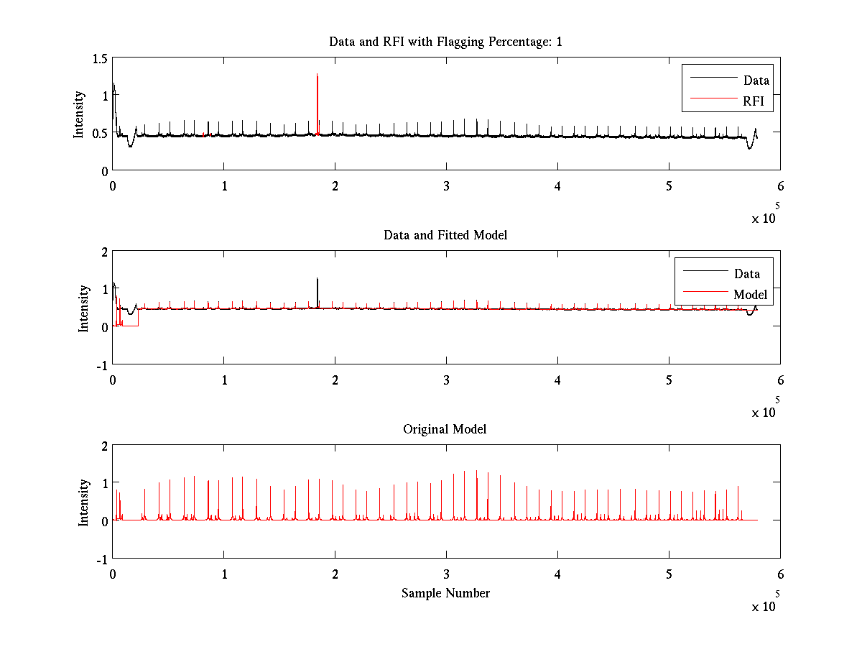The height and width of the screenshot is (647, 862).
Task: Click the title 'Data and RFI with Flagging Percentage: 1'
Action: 445,42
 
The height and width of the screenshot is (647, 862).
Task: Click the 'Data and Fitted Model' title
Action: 445,235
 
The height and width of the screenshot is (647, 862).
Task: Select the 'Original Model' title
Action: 445,429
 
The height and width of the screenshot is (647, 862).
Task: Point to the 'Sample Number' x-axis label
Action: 445,593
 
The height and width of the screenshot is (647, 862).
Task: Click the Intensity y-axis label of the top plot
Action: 79,114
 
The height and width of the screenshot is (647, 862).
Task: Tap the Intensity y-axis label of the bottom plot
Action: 84,502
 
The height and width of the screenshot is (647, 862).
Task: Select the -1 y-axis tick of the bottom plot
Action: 101,559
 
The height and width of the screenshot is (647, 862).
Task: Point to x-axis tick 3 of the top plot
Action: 447,185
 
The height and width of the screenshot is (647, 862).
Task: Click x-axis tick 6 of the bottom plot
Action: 780,574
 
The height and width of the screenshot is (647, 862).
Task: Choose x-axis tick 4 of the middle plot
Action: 558,380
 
